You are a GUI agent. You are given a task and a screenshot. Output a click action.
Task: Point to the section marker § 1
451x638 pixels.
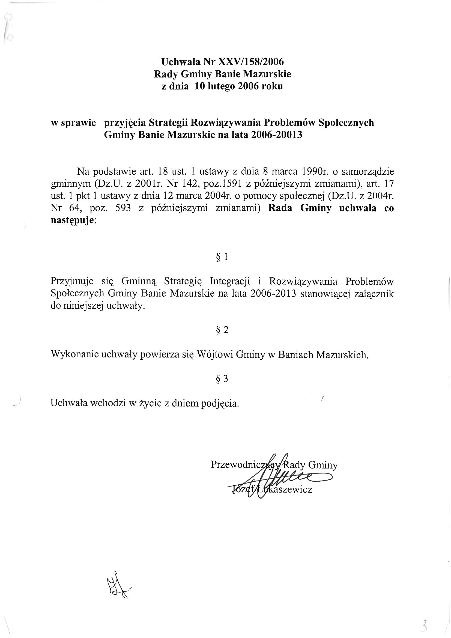point(222,257)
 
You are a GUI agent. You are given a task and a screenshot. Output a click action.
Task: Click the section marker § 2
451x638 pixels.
point(222,330)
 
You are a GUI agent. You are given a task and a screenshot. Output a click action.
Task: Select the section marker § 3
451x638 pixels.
point(222,379)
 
